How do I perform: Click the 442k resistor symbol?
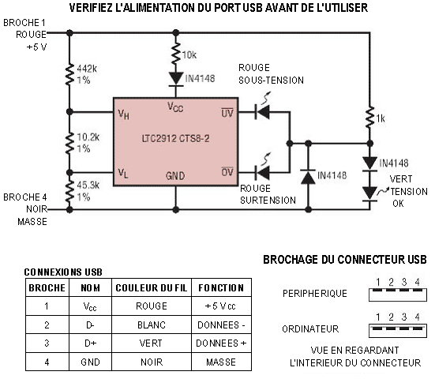69,74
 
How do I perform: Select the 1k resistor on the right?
369,118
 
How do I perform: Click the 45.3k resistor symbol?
69,191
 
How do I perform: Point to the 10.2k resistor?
69,142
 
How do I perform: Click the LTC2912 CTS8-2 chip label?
175,138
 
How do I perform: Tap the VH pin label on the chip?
123,114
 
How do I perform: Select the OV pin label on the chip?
227,172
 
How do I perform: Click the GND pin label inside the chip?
175,175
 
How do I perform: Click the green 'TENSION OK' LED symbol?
369,193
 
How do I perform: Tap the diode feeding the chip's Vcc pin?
176,79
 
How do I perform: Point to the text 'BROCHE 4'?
25,197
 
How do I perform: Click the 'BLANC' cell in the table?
152,325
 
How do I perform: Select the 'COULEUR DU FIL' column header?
152,288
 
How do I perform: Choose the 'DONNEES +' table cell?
221,343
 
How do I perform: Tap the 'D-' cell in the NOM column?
90,325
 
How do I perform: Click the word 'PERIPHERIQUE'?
315,293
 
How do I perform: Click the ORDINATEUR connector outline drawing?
398,331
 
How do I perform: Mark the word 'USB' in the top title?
253,8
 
